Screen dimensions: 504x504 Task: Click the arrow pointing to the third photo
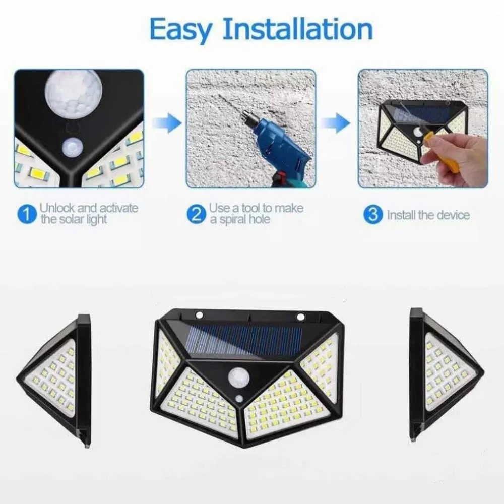pos(336,122)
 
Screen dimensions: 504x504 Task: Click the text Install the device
pos(428,215)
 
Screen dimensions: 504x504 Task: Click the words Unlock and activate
pos(89,208)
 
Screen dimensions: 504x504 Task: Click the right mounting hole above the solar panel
pos(301,317)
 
